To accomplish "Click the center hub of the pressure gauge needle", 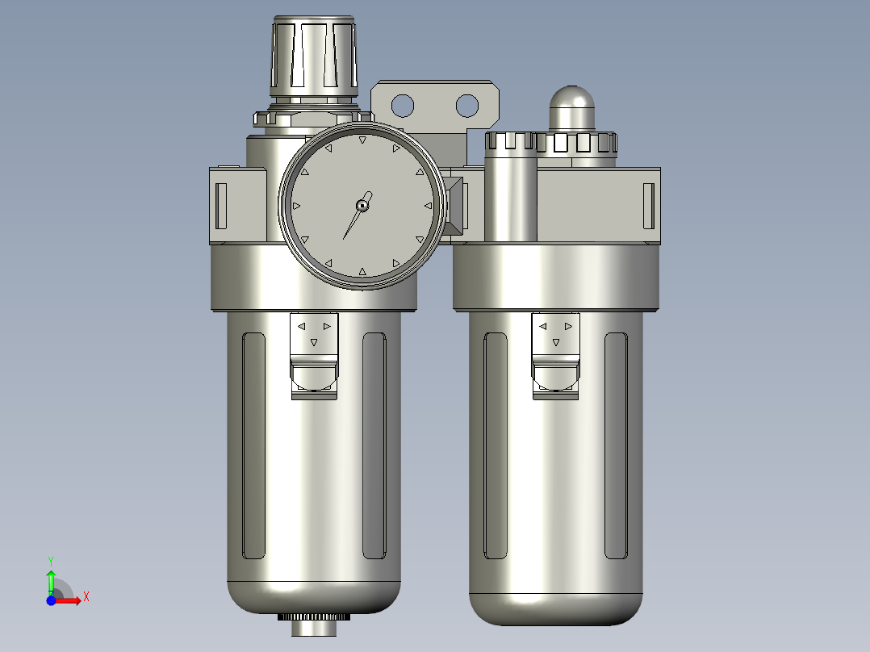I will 363,206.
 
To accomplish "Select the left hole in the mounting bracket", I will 402,105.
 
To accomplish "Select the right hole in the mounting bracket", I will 466,105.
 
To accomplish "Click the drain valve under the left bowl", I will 313,622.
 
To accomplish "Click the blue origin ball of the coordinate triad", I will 51,600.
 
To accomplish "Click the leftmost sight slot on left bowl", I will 254,445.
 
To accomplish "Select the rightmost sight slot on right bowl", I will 616,445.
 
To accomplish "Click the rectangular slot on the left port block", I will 221,206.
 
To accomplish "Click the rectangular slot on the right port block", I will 647,206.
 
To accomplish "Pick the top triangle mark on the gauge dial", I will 362,140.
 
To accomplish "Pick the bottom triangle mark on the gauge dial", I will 362,272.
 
